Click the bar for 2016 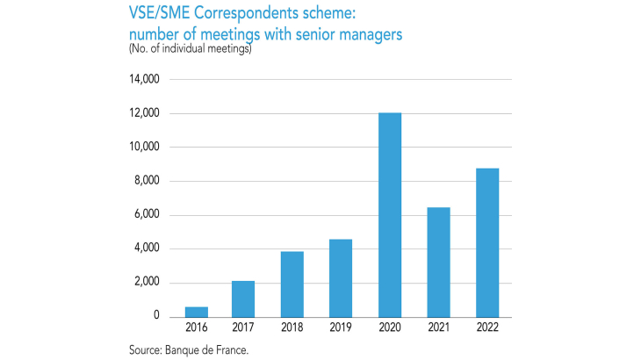[196, 312]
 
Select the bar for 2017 [244, 299]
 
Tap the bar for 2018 [292, 284]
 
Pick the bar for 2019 [341, 277]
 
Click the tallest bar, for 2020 [390, 215]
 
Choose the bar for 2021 [438, 262]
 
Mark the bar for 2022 [487, 242]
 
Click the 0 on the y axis [155, 316]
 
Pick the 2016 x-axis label [196, 328]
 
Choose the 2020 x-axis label [390, 328]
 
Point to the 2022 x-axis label [487, 328]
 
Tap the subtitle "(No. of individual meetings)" [191, 48]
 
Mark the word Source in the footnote [145, 349]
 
